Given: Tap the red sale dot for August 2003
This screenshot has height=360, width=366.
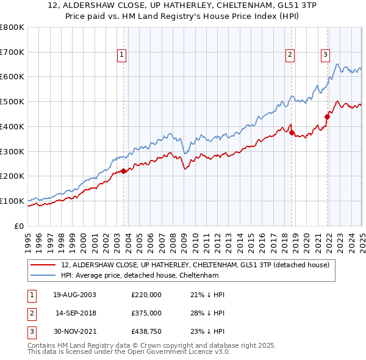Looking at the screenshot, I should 123,171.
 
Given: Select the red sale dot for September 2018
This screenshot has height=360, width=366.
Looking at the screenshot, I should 292,132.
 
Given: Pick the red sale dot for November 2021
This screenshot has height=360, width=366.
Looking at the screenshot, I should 328,117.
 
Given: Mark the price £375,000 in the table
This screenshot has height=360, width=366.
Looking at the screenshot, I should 146,313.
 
